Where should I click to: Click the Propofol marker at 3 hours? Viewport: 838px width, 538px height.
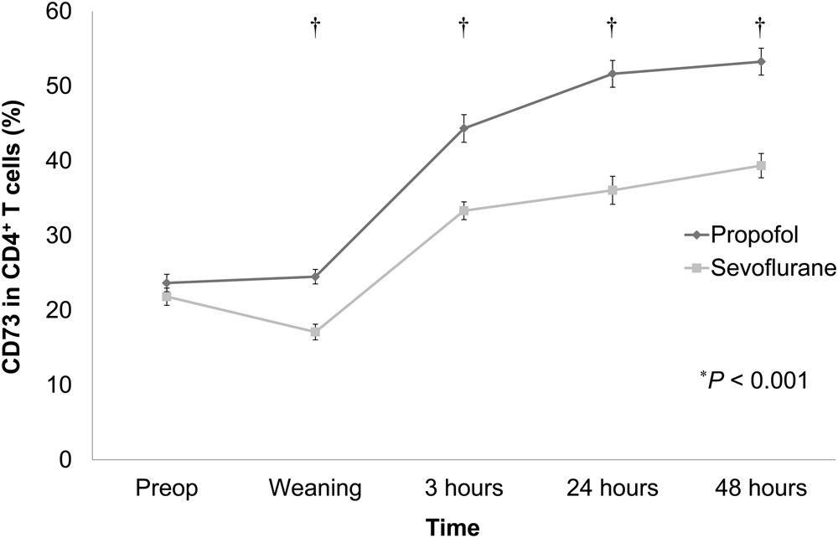[x=463, y=128]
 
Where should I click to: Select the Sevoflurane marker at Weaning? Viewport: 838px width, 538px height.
[x=315, y=333]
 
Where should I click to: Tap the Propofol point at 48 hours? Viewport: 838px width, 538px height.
[x=761, y=61]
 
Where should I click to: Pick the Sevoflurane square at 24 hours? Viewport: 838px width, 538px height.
[x=613, y=190]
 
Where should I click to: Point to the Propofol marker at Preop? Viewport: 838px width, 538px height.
[x=167, y=283]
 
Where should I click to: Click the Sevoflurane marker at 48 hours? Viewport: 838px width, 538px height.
[x=761, y=165]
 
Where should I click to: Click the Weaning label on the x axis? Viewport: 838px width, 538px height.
[x=315, y=488]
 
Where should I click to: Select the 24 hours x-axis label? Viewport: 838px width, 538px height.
[x=613, y=488]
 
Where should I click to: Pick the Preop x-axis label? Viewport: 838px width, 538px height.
[x=167, y=488]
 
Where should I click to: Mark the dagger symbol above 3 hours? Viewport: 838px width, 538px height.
[x=463, y=28]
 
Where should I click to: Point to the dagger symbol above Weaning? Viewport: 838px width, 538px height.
[x=315, y=28]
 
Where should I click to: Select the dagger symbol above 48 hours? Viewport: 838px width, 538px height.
[x=761, y=28]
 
